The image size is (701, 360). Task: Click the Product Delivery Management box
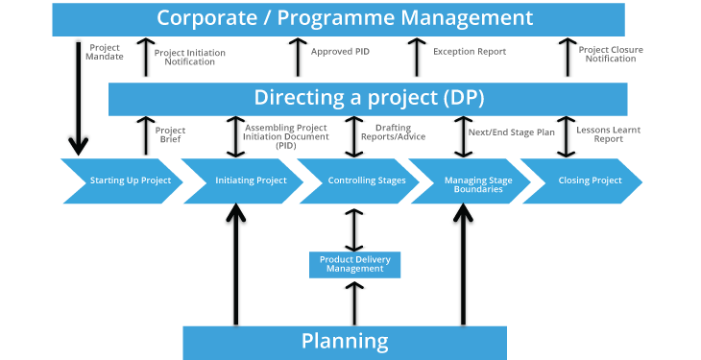pos(354,264)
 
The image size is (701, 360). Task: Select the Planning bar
pos(345,342)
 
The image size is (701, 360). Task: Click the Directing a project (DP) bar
pos(368,98)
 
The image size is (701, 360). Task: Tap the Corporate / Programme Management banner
pos(345,18)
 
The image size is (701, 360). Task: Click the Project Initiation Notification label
pos(190,57)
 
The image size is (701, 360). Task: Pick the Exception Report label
pos(470,52)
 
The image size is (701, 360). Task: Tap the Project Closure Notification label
pos(611,54)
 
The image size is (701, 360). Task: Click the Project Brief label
pos(170,134)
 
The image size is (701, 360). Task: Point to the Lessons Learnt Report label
pos(608,134)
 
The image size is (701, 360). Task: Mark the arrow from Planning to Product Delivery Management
pos(354,301)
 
